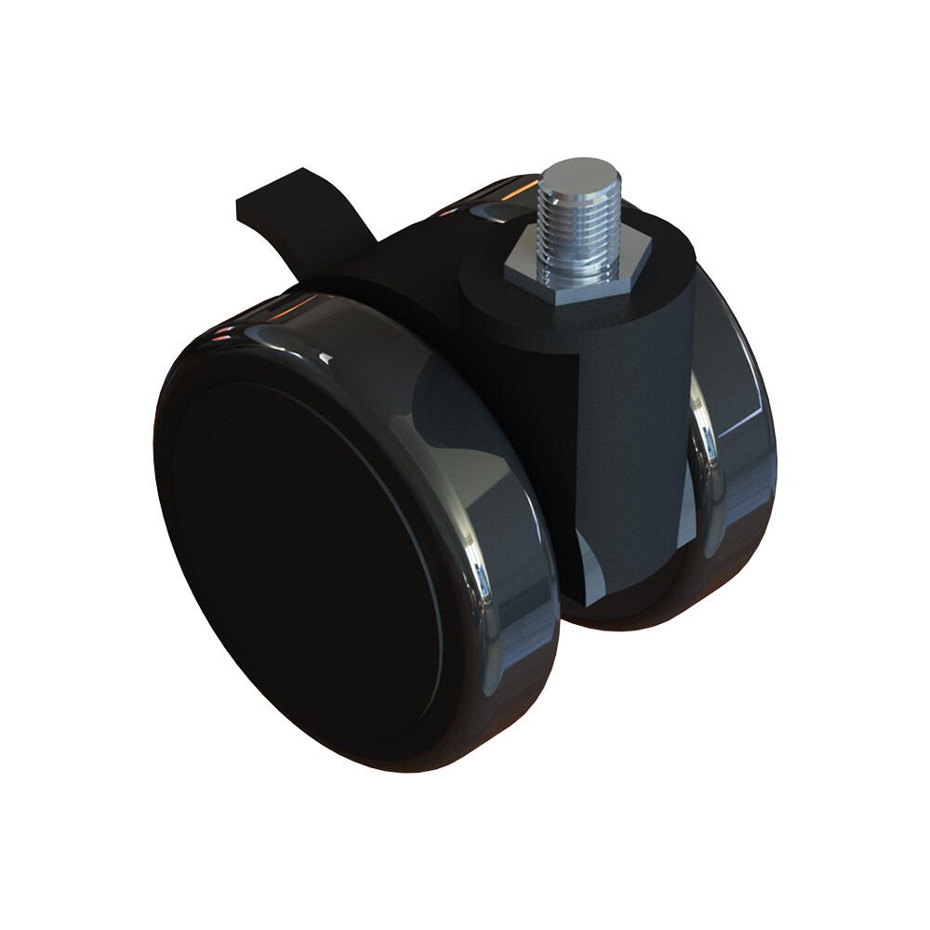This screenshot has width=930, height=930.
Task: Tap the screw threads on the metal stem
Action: (x=578, y=232)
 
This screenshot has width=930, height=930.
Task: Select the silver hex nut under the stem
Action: (x=549, y=279)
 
